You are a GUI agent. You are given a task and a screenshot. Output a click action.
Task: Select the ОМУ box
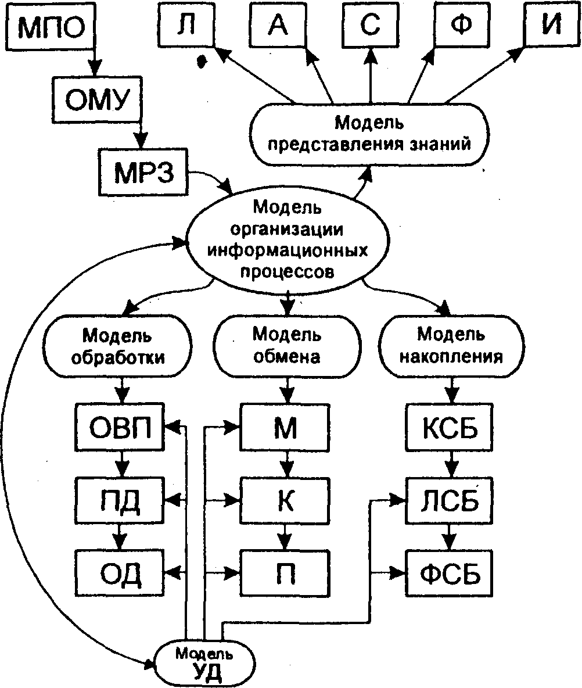(97, 99)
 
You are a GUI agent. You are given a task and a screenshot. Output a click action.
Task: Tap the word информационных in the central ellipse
(288, 251)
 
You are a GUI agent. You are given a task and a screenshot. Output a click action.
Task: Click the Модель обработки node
(117, 346)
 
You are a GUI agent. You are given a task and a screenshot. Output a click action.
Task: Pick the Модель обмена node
(287, 346)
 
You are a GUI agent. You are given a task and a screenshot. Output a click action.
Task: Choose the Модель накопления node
(451, 346)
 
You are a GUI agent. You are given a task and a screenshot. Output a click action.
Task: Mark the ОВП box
(120, 427)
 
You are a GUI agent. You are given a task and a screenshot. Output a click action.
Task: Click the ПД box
(120, 500)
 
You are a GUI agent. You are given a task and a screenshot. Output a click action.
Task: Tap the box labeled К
(285, 500)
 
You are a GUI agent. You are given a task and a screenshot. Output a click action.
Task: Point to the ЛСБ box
(450, 500)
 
